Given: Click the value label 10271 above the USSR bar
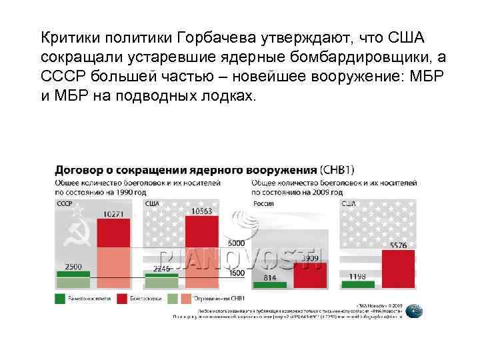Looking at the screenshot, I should pos(113,215).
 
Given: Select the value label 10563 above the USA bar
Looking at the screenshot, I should pos(201,211).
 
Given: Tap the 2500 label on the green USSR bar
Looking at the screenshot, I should pos(73,267).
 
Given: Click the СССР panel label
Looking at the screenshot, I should pos(65,203).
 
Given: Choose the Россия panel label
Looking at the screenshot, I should pos(265,203).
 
